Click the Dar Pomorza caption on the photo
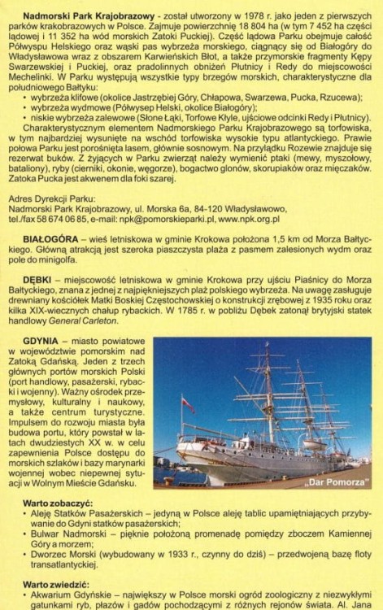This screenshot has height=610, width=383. (x=333, y=482)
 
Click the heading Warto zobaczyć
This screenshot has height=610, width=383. (x=57, y=504)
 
